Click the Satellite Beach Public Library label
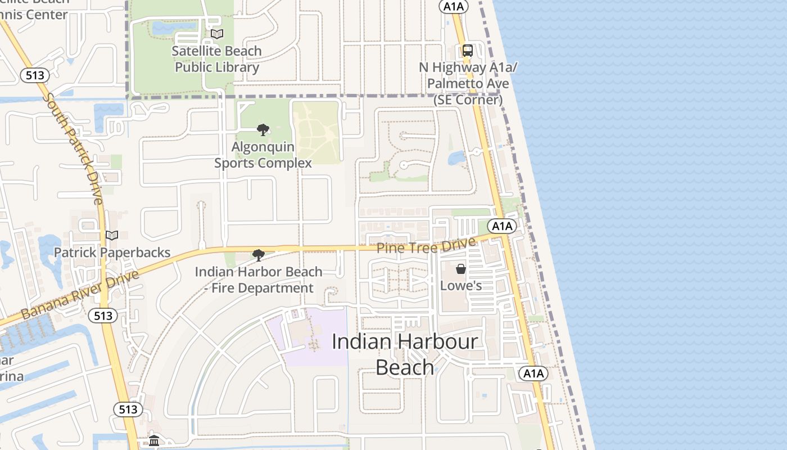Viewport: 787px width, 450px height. (x=217, y=59)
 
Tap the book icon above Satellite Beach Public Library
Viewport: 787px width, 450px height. (x=217, y=34)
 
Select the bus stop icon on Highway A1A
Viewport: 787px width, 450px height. (x=468, y=50)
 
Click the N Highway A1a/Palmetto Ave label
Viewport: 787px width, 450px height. (x=468, y=84)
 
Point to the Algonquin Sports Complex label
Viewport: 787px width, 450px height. (x=263, y=155)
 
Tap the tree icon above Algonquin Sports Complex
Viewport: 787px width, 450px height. (x=263, y=130)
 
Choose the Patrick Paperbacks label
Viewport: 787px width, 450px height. (x=112, y=253)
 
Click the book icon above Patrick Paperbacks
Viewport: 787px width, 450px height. (x=112, y=235)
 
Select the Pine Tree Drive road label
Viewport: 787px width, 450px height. (x=426, y=246)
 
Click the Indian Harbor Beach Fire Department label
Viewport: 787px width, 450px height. (x=258, y=280)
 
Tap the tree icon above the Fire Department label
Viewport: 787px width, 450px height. (x=259, y=255)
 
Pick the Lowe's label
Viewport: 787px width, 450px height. (x=461, y=286)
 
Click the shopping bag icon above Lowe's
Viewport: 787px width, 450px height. (x=461, y=269)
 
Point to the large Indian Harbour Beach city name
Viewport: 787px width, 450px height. (x=405, y=354)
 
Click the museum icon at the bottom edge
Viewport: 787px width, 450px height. (x=154, y=440)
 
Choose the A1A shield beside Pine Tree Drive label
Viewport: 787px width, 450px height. (x=501, y=226)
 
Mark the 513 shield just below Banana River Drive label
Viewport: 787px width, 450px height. (x=103, y=316)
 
